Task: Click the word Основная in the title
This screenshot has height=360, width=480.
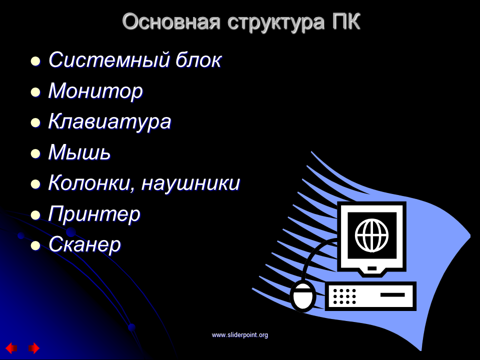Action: [171, 21]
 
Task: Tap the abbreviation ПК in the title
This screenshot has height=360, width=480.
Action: [346, 21]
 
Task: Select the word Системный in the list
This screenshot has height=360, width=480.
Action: [108, 59]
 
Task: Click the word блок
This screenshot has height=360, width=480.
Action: [198, 59]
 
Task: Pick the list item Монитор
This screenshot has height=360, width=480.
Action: [95, 91]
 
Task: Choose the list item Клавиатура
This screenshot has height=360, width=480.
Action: [109, 122]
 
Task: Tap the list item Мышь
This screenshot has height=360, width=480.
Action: [79, 152]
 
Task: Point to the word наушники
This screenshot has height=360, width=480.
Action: [190, 183]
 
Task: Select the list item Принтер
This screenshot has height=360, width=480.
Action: [94, 214]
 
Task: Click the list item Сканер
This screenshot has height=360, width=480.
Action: [84, 244]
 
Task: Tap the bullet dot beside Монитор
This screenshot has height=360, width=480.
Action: [35, 92]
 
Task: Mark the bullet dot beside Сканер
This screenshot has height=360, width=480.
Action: [35, 246]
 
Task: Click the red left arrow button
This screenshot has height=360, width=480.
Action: [11, 348]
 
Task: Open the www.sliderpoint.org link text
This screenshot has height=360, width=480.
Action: [239, 335]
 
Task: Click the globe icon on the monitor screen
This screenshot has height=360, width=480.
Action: [371, 235]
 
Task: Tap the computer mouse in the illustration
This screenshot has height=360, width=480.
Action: [303, 295]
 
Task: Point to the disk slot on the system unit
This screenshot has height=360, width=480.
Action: [392, 295]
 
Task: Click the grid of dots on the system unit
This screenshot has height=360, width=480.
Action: [344, 296]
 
